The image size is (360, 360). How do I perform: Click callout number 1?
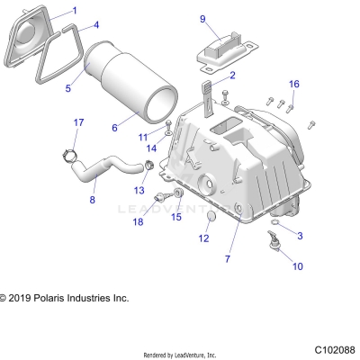pos(75,10)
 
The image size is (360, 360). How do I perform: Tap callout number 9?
pos(202,18)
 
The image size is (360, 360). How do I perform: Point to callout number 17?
pos(78,122)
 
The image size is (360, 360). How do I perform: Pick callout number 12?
pos(202,238)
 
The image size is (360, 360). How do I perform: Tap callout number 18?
pos(138,221)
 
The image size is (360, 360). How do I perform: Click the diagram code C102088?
pos(334,348)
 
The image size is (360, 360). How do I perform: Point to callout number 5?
pos(67,89)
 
